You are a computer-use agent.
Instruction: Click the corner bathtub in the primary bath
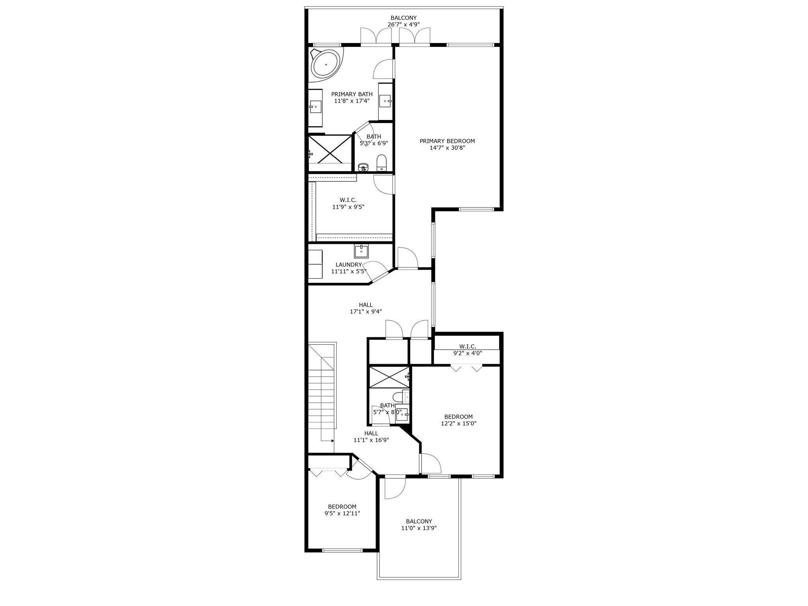pyautogui.click(x=326, y=64)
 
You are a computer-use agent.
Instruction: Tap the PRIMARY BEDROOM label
pyautogui.click(x=447, y=144)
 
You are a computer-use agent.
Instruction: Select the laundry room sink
pyautogui.click(x=361, y=251)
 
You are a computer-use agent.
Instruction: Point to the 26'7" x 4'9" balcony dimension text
pyautogui.click(x=404, y=24)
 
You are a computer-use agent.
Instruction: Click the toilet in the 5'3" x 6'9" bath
pyautogui.click(x=381, y=163)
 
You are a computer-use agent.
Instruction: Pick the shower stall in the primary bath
pyautogui.click(x=330, y=149)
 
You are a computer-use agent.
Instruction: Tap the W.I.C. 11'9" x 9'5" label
pyautogui.click(x=348, y=203)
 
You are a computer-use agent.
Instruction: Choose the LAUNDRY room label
pyautogui.click(x=349, y=265)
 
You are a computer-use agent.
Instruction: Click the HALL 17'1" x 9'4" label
pyautogui.click(x=366, y=308)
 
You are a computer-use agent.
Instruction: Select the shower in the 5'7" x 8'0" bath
pyautogui.click(x=389, y=377)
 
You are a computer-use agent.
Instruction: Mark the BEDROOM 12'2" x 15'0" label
pyautogui.click(x=458, y=420)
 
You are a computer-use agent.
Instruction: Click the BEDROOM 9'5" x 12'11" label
pyautogui.click(x=342, y=510)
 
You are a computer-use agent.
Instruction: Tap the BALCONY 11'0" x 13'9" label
pyautogui.click(x=419, y=524)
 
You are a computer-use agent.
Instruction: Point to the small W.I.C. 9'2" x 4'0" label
pyautogui.click(x=468, y=350)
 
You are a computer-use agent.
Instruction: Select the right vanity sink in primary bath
pyautogui.click(x=385, y=101)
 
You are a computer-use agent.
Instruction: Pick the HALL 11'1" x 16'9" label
pyautogui.click(x=371, y=437)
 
